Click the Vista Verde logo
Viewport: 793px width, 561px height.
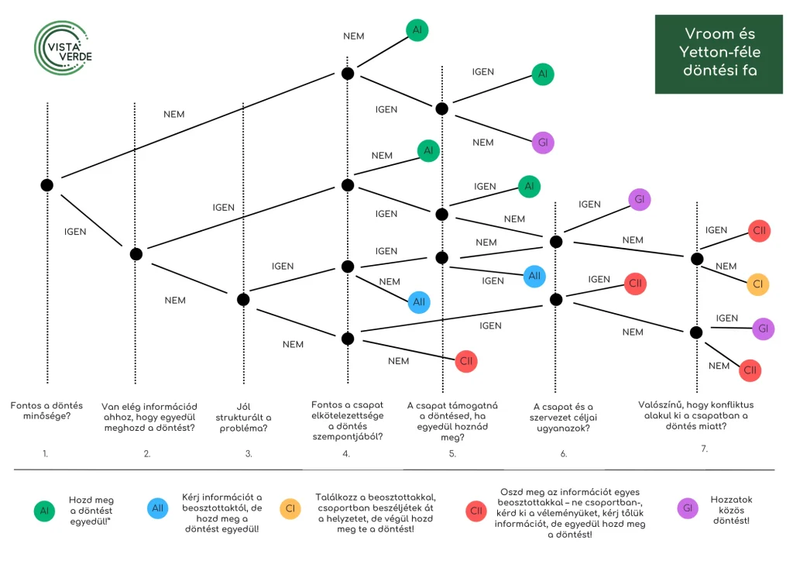63,49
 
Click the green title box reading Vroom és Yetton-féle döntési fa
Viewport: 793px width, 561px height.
719,54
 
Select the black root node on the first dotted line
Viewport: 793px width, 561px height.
47,185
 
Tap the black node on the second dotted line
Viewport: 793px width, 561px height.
136,254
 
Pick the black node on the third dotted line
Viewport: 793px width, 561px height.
243,299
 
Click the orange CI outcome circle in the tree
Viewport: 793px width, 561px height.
757,284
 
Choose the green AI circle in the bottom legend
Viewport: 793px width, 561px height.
44,511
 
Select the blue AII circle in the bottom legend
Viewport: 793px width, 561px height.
158,508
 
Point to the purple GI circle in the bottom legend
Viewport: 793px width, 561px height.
688,508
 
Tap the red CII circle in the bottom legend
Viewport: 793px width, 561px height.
476,511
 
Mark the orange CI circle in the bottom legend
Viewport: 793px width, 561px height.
290,508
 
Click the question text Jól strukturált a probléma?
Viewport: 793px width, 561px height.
243,418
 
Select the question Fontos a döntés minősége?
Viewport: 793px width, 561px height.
46,411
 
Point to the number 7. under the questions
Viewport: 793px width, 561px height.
705,449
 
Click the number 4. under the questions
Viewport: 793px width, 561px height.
346,454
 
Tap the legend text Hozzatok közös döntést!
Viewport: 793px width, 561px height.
731,510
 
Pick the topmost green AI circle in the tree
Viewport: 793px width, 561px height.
417,30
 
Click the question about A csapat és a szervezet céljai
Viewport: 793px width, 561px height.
564,418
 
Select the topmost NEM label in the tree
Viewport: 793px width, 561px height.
353,36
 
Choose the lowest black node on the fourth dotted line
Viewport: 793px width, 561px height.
348,339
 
